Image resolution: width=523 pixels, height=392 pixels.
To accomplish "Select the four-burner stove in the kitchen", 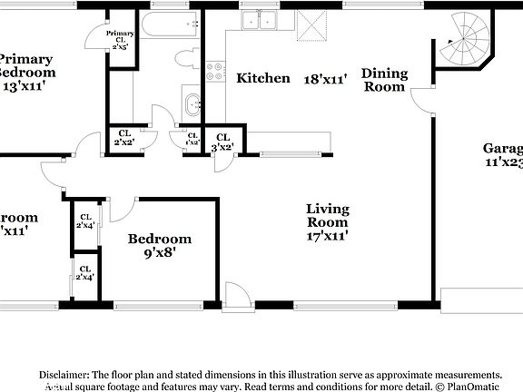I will tap(215, 72).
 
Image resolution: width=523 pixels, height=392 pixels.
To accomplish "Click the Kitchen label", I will tap(263, 79).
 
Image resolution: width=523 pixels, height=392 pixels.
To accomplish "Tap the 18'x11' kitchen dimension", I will tap(325, 79).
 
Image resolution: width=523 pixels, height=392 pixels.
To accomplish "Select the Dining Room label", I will tap(385, 80).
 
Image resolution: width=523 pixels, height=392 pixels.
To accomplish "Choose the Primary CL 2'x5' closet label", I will tap(120, 40).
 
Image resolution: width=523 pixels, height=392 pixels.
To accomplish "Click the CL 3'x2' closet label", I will tap(222, 141).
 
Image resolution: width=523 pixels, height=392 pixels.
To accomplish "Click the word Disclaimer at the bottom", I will tap(63, 374).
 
